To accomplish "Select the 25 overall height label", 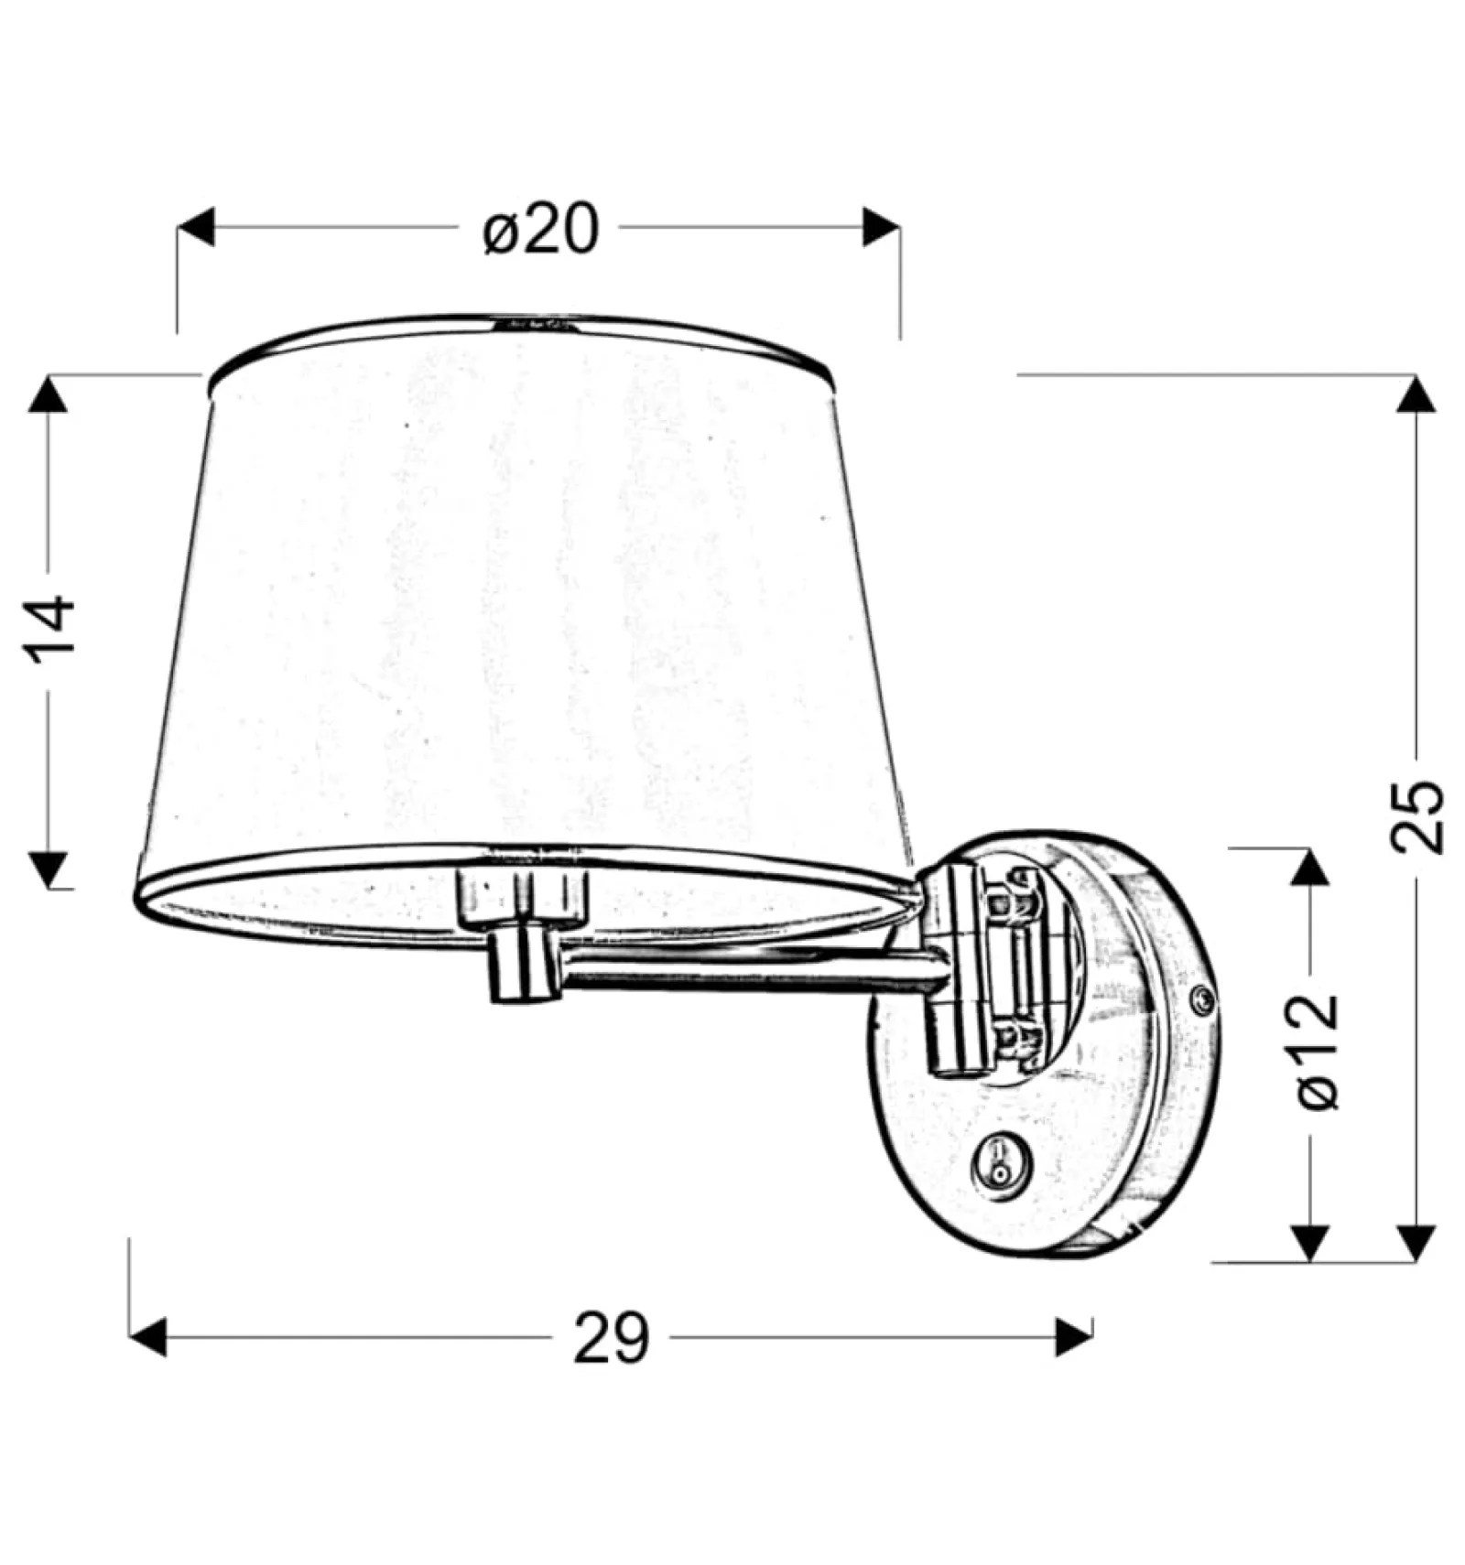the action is tap(1417, 816).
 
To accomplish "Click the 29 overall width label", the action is tap(611, 1338).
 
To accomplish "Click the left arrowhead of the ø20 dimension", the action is tap(195, 227).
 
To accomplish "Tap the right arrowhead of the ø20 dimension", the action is tap(881, 227).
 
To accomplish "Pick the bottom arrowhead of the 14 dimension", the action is tap(49, 869).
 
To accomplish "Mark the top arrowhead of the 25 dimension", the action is tap(1416, 394).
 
